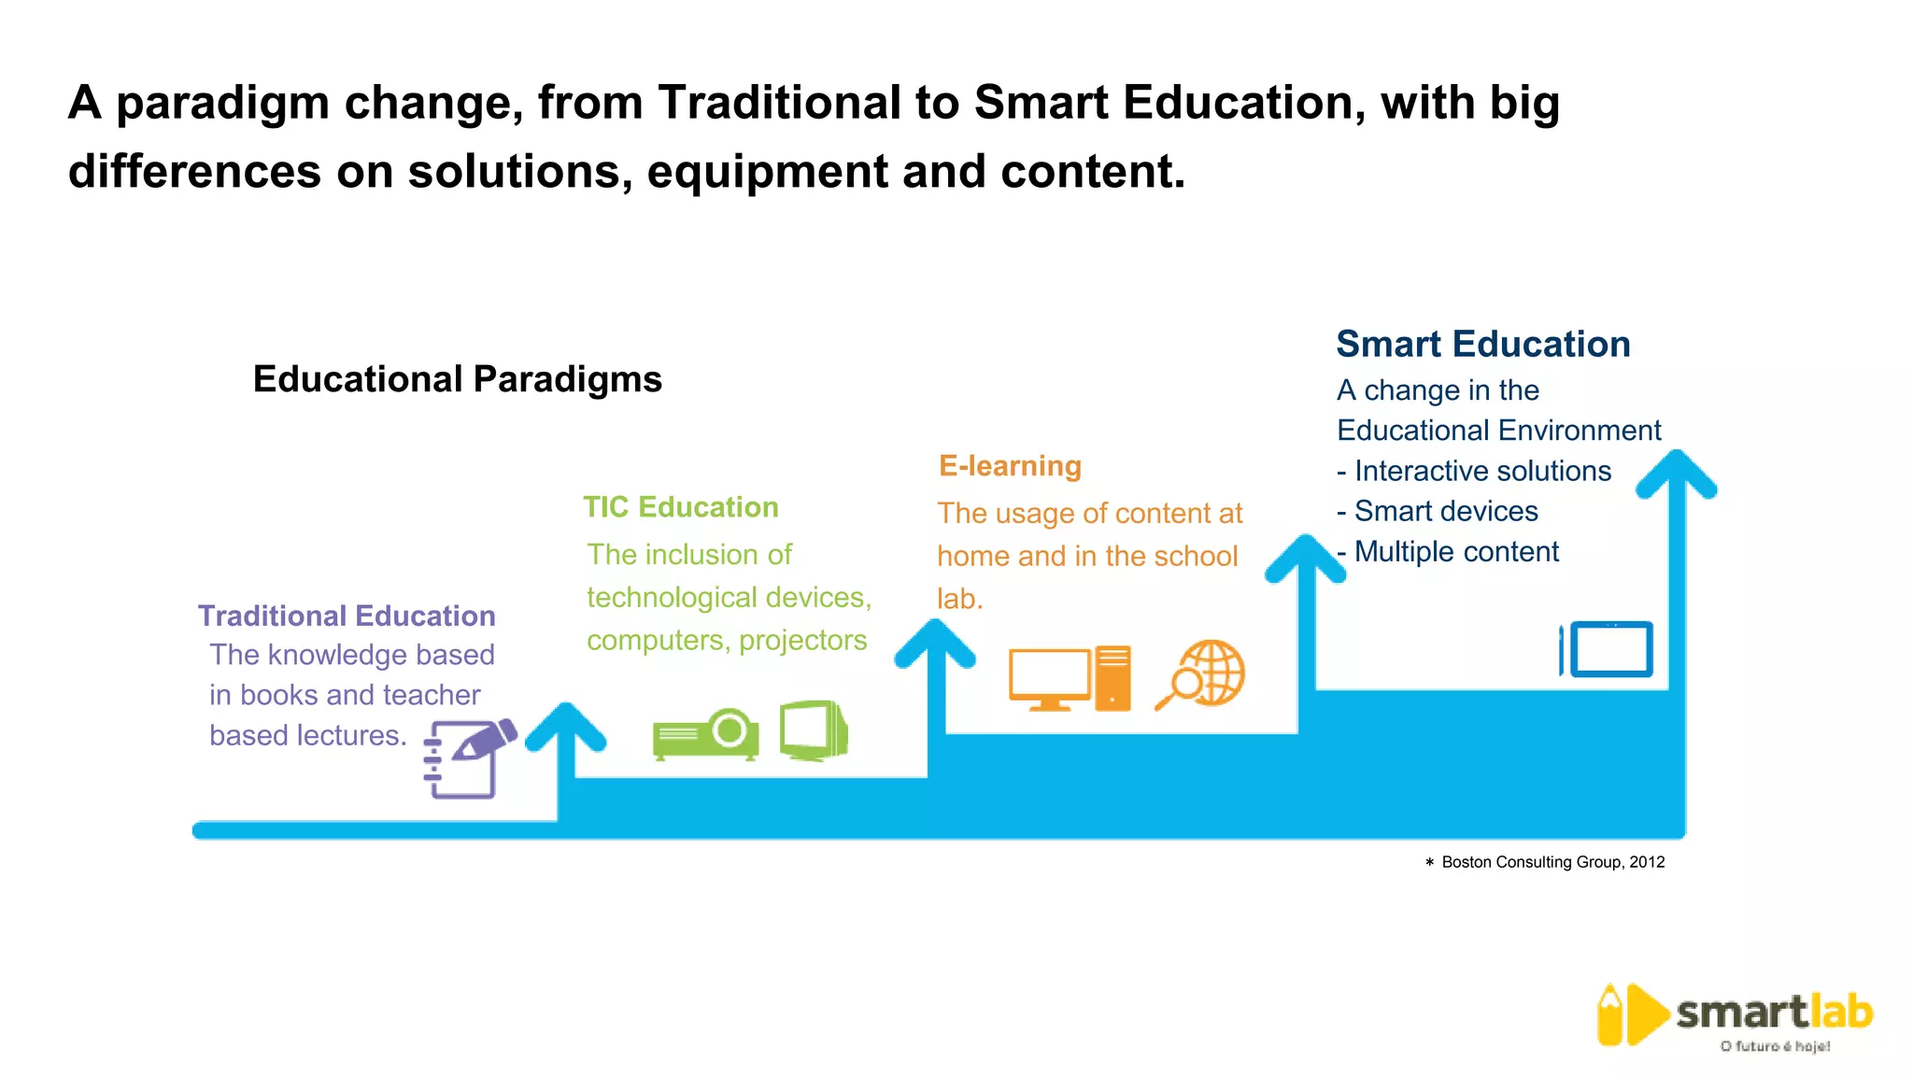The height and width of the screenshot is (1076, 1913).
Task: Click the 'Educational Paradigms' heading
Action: (457, 379)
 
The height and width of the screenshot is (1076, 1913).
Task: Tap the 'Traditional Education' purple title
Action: (347, 616)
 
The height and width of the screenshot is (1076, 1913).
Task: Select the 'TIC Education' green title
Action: (681, 507)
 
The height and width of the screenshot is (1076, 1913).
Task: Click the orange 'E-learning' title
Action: (1010, 466)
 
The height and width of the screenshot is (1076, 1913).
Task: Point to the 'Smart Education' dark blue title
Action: (1482, 344)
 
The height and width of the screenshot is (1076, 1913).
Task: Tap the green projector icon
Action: (706, 734)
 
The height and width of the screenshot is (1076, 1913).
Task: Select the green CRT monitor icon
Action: (814, 730)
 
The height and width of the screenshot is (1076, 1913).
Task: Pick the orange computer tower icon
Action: (1112, 677)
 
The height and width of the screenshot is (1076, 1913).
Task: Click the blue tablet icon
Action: (1608, 649)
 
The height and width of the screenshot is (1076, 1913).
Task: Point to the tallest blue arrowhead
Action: (1678, 473)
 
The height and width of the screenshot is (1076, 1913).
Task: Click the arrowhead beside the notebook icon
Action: (565, 726)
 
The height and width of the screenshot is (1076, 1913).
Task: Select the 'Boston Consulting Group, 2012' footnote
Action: (1552, 862)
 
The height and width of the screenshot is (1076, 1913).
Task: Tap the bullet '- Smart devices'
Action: (1438, 511)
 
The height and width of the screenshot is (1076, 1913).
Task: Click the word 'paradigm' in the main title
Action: (222, 104)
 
